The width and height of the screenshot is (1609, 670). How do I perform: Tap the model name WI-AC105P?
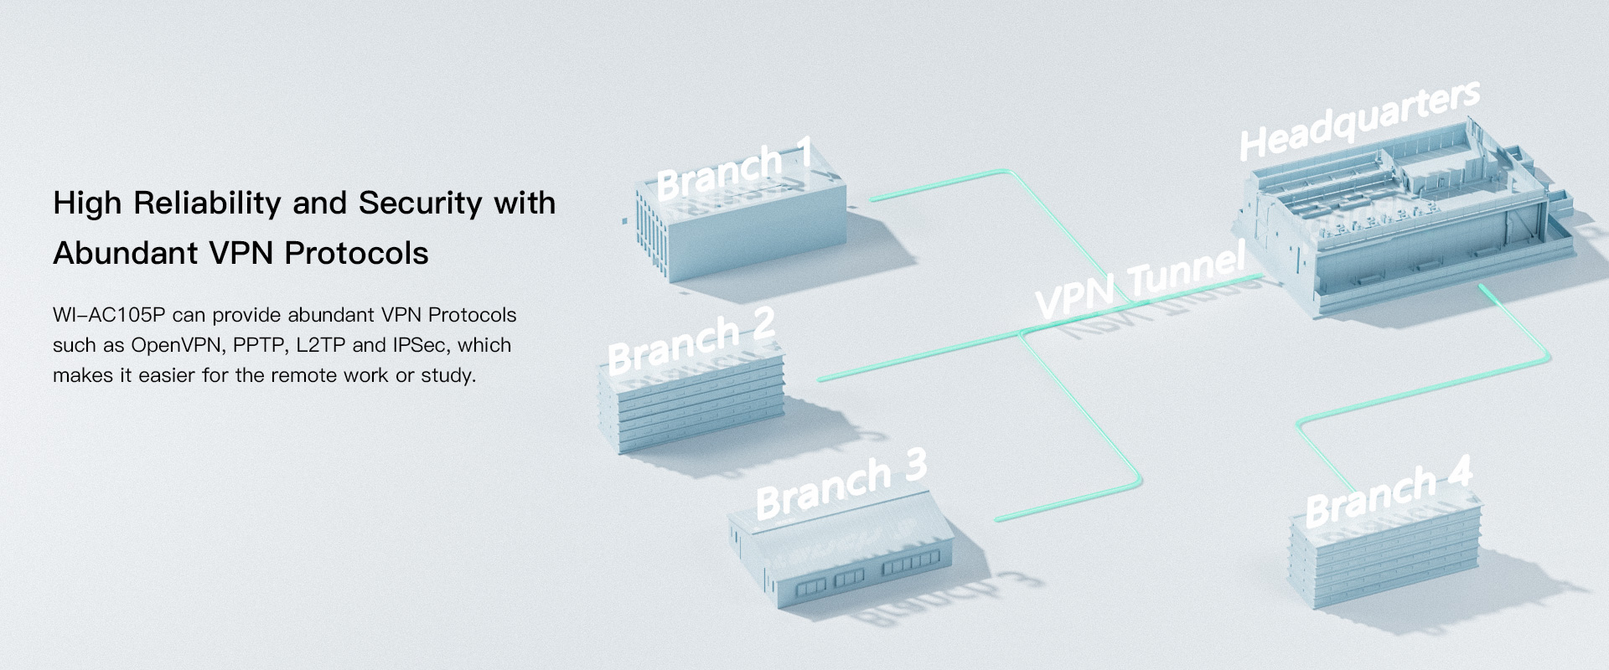(x=109, y=315)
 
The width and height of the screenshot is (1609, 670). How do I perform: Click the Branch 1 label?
(x=734, y=170)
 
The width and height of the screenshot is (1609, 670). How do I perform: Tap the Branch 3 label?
(x=841, y=483)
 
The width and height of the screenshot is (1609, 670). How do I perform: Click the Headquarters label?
(x=1359, y=120)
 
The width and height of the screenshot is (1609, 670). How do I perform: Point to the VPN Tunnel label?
(x=1140, y=280)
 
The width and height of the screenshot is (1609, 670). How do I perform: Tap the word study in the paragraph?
(x=448, y=375)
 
